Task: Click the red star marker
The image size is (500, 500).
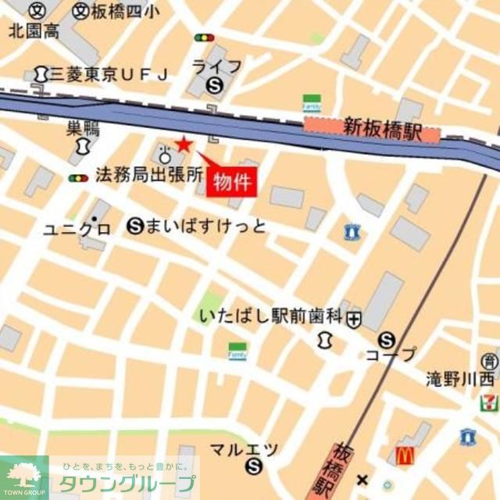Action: [x=183, y=144]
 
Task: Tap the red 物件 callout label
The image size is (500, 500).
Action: [x=232, y=182]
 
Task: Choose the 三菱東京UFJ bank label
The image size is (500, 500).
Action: [x=109, y=74]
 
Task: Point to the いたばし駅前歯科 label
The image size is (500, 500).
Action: [x=270, y=316]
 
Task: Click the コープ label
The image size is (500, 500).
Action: [x=391, y=354]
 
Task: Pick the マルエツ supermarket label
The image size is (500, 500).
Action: [x=244, y=449]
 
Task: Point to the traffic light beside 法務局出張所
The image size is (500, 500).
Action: [x=77, y=179]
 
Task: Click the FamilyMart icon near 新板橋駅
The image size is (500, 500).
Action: [x=312, y=103]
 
